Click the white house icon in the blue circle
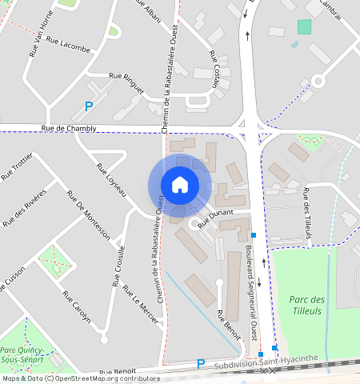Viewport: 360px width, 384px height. pyautogui.click(x=180, y=185)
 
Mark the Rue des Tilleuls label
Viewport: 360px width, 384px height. pyautogui.click(x=306, y=213)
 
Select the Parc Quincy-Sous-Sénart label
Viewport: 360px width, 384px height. pyautogui.click(x=23, y=355)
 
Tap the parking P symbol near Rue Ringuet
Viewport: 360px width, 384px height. pyautogui.click(x=89, y=106)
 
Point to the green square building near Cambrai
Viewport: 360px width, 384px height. pyautogui.click(x=304, y=27)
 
